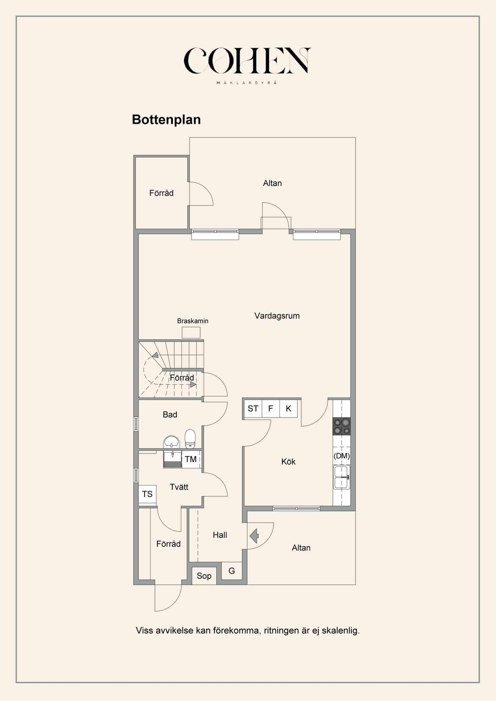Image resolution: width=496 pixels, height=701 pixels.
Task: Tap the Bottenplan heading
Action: [x=166, y=120]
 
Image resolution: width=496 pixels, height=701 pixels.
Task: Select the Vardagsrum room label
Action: [x=277, y=316]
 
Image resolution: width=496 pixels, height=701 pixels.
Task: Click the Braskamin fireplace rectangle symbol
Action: [x=191, y=332]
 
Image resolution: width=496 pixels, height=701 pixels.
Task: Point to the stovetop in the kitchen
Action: [x=342, y=426]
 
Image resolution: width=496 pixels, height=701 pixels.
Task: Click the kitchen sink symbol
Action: [x=342, y=477]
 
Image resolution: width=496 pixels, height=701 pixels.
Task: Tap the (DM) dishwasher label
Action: [x=342, y=456]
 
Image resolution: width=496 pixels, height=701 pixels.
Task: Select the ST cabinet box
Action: [x=253, y=409]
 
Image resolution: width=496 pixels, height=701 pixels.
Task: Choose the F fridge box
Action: [x=271, y=409]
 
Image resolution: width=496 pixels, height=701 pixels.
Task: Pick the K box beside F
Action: [x=288, y=409]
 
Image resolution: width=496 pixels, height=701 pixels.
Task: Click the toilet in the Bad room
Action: [x=190, y=439]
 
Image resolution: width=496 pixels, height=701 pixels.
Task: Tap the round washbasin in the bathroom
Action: [x=171, y=442]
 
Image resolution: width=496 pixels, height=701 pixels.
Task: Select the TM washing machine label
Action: [x=191, y=459]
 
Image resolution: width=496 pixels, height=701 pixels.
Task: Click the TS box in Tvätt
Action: [x=147, y=494]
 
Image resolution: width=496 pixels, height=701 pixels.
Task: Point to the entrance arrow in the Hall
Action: [x=254, y=536]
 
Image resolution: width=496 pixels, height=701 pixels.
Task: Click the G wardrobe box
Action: [x=232, y=571]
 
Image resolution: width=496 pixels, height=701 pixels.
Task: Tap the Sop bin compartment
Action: [x=204, y=576]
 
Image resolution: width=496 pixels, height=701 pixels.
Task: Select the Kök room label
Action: [x=288, y=462]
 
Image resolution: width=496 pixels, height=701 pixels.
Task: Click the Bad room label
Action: [x=170, y=415]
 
